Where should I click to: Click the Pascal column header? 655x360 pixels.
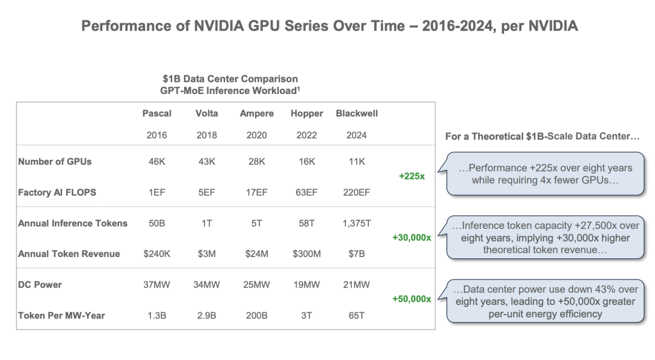[157, 114]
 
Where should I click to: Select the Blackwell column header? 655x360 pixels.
[356, 114]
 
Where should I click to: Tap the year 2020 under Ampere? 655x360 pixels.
[256, 136]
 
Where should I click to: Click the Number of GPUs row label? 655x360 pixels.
[55, 162]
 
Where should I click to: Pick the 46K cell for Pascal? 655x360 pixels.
[157, 162]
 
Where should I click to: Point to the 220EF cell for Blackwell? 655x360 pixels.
[356, 192]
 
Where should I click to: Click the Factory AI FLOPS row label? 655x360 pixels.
[57, 192]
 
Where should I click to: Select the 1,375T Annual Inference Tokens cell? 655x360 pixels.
[356, 223]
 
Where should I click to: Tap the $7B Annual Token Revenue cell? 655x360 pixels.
[356, 254]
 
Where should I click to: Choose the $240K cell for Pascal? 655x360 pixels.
[157, 254]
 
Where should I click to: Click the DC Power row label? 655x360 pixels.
[40, 285]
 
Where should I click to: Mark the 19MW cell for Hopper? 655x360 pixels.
[307, 285]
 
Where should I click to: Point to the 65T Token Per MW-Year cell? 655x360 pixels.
[356, 315]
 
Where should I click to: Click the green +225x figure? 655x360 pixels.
[411, 176]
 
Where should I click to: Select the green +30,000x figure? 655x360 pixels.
[411, 238]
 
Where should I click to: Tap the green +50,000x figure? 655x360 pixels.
[411, 299]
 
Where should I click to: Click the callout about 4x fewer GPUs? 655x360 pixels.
[546, 174]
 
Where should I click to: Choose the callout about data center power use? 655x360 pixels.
[546, 300]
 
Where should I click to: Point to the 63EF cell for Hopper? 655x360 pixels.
[307, 192]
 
